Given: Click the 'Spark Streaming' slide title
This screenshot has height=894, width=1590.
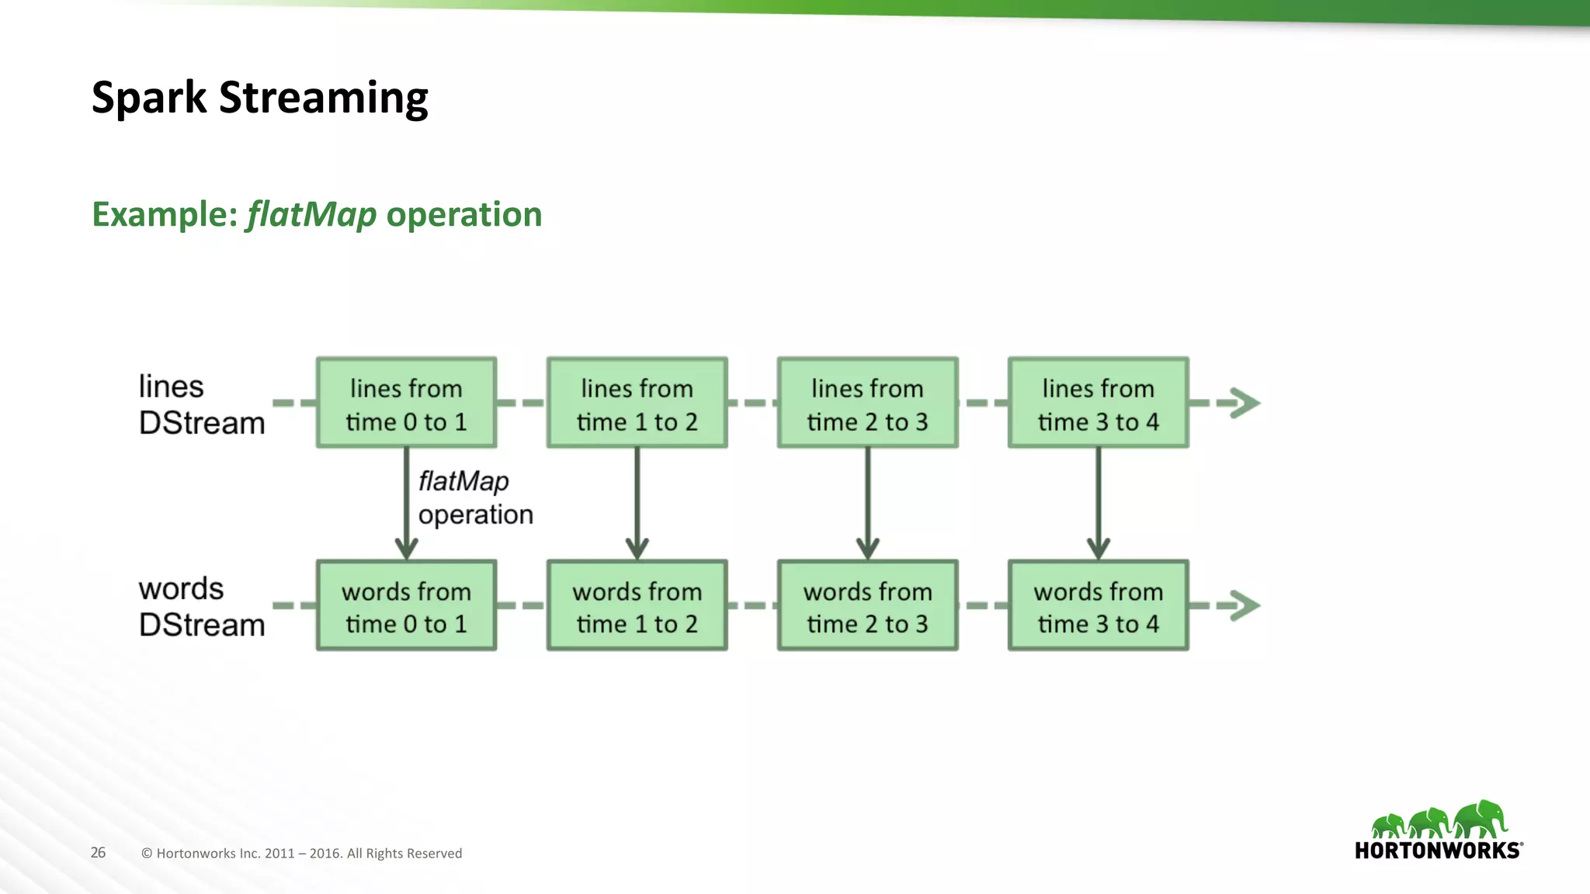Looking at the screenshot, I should (259, 98).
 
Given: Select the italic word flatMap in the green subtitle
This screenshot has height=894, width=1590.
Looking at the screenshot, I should (311, 215).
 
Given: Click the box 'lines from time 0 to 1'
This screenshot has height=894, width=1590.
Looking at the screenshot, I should (406, 404).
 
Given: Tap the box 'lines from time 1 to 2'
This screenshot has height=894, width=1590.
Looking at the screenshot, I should (637, 404).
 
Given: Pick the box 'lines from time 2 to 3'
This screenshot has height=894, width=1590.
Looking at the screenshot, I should (867, 404).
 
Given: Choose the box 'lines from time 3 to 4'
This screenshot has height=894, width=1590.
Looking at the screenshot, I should (1098, 404).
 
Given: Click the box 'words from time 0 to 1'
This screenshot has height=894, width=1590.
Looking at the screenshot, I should (406, 606).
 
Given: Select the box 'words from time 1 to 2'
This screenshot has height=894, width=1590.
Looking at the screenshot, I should (637, 606).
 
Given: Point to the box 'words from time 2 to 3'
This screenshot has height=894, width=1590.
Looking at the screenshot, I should (867, 606).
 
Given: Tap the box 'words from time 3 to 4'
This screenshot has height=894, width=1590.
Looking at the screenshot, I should (1098, 606).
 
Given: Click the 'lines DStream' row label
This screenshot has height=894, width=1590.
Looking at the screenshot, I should (201, 405).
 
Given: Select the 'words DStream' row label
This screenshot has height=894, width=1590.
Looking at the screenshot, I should (201, 607).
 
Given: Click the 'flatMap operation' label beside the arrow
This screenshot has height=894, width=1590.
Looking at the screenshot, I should (474, 497).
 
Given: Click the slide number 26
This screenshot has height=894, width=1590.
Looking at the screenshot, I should (98, 852).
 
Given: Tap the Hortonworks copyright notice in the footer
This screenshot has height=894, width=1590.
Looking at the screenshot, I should (301, 853).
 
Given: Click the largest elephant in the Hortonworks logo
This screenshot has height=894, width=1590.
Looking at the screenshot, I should (1481, 819).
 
